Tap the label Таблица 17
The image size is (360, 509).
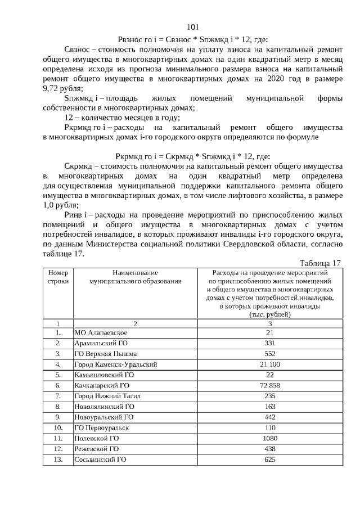tap(321, 263)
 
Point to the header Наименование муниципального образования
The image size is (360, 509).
tap(135, 276)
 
